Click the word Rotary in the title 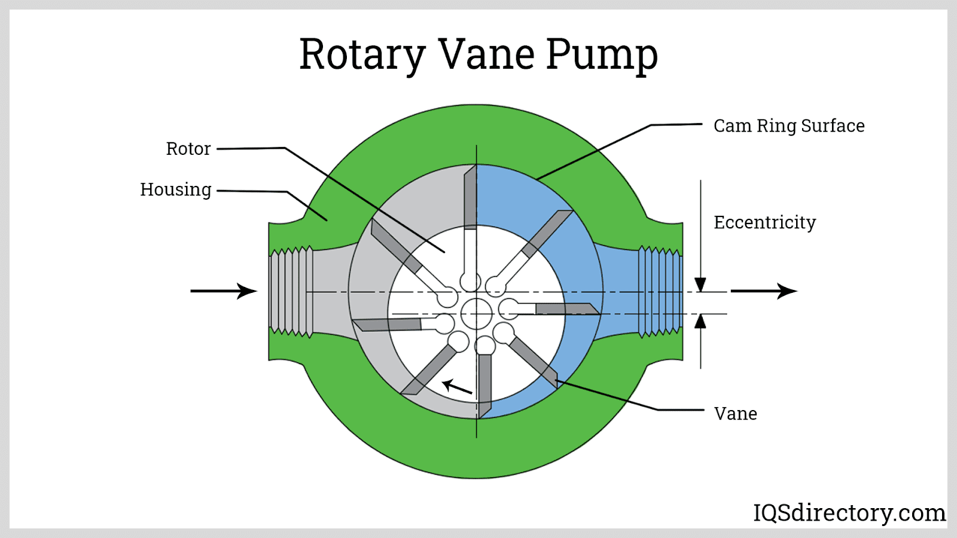[x=361, y=55]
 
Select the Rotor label [x=188, y=149]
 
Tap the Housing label [x=176, y=189]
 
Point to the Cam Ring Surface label [x=789, y=126]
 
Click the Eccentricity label [x=764, y=222]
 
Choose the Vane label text [x=736, y=414]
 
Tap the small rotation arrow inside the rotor [x=457, y=387]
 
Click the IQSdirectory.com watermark [x=849, y=513]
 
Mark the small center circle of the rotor [x=477, y=313]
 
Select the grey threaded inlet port [x=291, y=291]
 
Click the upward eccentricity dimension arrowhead [x=700, y=322]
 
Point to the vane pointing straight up [x=471, y=197]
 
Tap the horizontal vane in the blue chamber [x=565, y=308]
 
